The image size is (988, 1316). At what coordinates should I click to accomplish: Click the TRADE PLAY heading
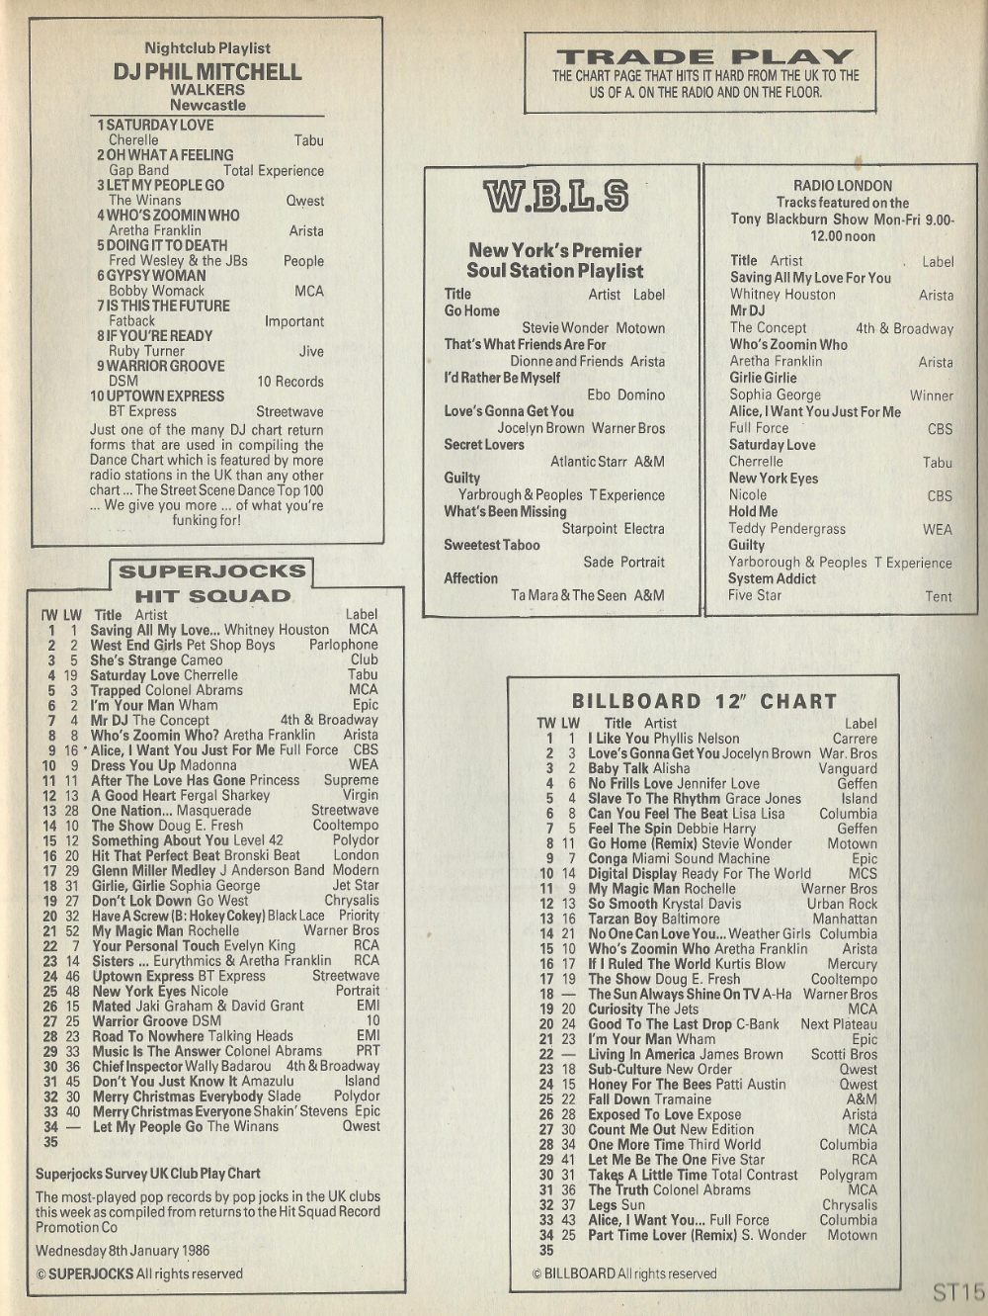pyautogui.click(x=704, y=56)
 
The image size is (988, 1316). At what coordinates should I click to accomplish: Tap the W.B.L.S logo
pyautogui.click(x=555, y=197)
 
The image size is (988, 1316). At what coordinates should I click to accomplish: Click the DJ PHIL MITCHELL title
pyautogui.click(x=207, y=71)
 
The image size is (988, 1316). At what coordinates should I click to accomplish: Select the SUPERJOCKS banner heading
pyautogui.click(x=212, y=571)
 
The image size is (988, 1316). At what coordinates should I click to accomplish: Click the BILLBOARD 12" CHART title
pyautogui.click(x=704, y=701)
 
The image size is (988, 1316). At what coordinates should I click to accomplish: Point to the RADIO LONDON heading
pyautogui.click(x=843, y=185)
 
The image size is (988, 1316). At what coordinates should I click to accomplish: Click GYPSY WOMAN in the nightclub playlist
pyautogui.click(x=151, y=275)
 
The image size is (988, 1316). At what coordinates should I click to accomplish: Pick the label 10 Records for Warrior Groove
pyautogui.click(x=290, y=382)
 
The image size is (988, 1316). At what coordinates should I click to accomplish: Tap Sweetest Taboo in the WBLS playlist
pyautogui.click(x=492, y=545)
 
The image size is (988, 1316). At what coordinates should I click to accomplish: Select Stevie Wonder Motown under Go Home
pyautogui.click(x=593, y=328)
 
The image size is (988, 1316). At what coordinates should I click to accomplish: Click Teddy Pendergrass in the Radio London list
pyautogui.click(x=787, y=529)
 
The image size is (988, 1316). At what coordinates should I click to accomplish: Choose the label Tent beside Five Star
pyautogui.click(x=938, y=596)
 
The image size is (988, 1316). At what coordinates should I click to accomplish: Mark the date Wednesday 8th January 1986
pyautogui.click(x=123, y=1250)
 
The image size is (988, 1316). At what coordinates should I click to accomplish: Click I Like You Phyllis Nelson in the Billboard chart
pyautogui.click(x=663, y=738)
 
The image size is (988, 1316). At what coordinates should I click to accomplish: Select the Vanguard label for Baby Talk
pyautogui.click(x=848, y=768)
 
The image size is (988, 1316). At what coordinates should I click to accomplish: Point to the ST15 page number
pyautogui.click(x=956, y=1291)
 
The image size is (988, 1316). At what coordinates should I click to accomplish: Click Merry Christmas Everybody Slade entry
pyautogui.click(x=197, y=1097)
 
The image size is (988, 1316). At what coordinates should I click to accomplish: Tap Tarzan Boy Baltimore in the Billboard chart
pyautogui.click(x=653, y=919)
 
